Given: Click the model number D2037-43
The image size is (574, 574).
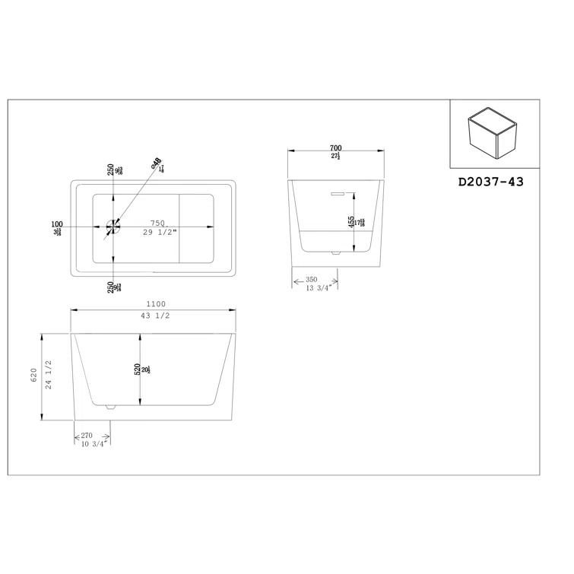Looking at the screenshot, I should pos(491,182).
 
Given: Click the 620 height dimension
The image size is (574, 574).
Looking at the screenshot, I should pos(34,376).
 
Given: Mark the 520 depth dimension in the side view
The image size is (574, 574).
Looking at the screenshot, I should pos(138,369).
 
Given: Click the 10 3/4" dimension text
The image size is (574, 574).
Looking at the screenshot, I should pos(95,443).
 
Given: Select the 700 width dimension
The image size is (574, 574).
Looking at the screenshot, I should pos(335,147).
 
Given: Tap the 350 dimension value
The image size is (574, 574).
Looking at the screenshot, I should pos(312,279).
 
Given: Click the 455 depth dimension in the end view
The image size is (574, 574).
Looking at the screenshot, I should pos(350,222).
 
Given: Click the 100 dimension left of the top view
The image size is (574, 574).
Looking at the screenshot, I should pos(57,224).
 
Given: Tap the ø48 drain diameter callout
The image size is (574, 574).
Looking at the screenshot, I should pos(156,162).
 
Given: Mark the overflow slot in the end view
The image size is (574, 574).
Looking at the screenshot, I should pos(335,193).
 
